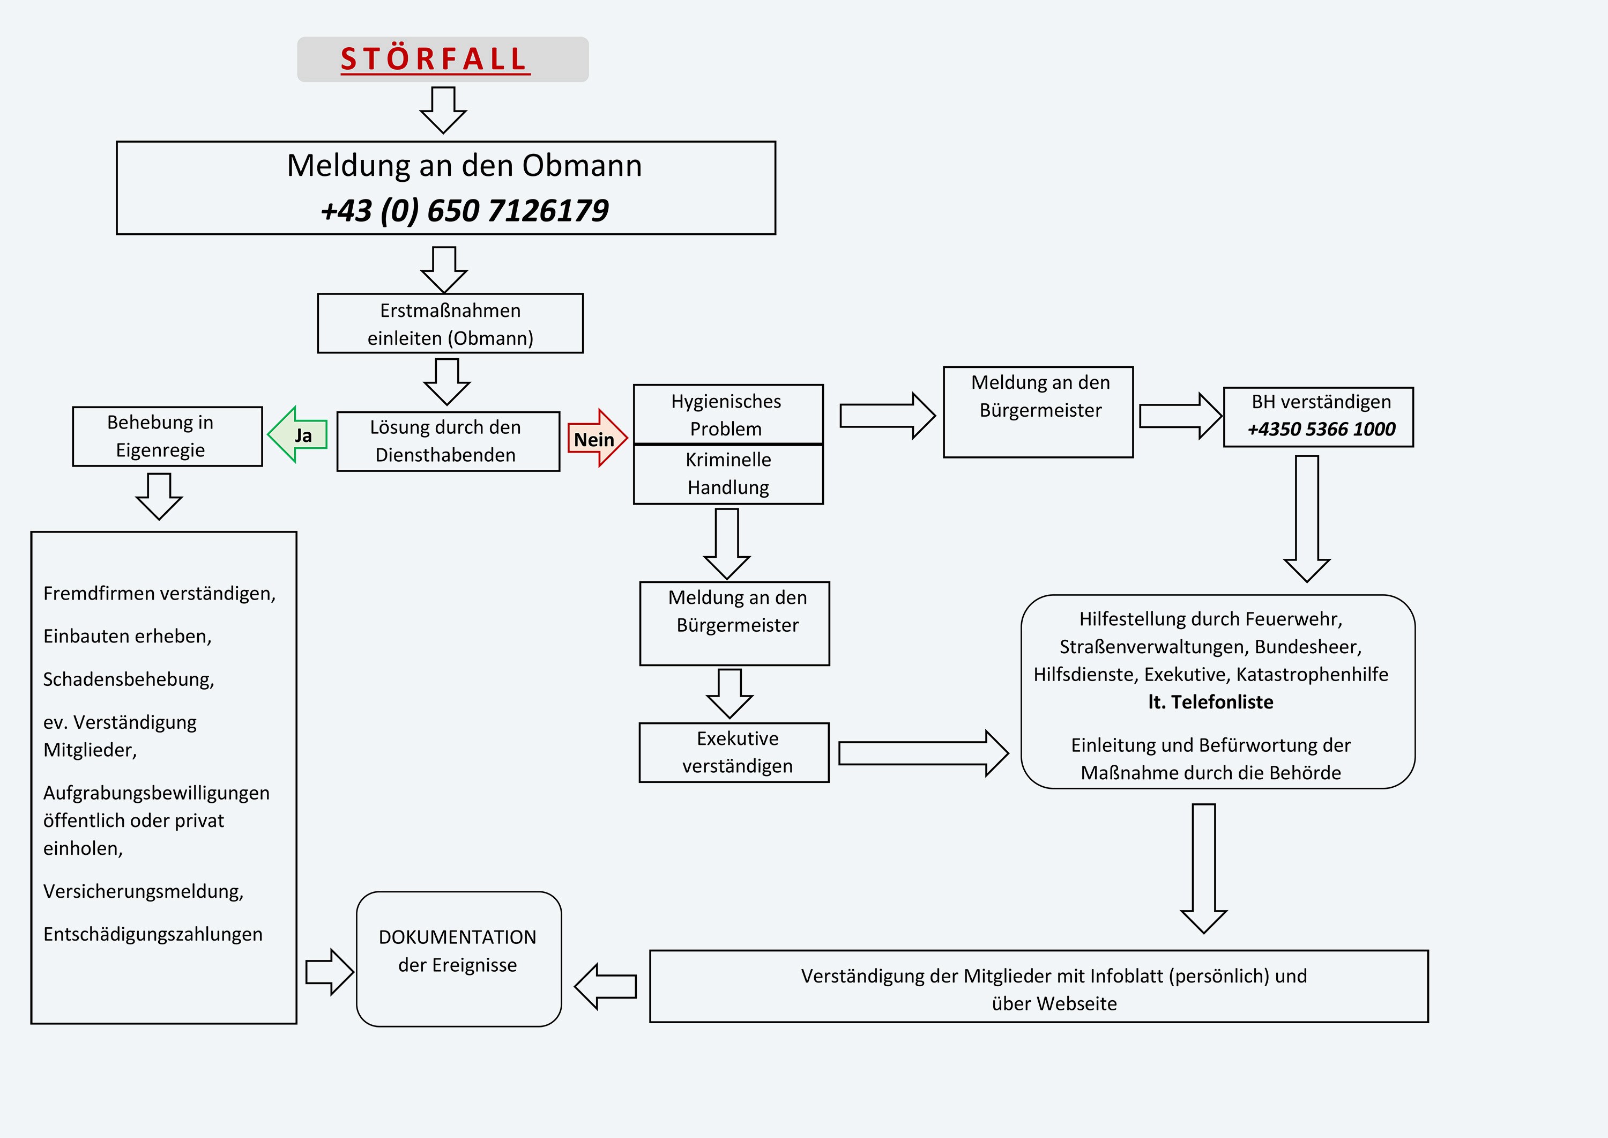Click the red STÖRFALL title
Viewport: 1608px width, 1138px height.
tap(434, 59)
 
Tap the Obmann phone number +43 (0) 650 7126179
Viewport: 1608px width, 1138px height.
tap(464, 210)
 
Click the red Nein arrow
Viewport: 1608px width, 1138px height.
tap(596, 439)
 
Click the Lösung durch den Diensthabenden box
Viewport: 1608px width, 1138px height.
tap(448, 441)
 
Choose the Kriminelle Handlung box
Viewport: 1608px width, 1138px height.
tap(728, 474)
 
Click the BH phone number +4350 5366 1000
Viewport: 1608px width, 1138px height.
tap(1321, 429)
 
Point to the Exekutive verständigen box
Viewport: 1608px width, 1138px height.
tap(734, 752)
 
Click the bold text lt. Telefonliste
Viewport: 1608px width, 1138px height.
tap(1210, 701)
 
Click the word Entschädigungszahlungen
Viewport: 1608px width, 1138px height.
tap(153, 934)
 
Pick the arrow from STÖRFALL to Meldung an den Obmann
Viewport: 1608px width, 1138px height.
tap(443, 109)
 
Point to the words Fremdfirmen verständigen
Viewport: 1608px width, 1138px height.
tap(159, 594)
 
